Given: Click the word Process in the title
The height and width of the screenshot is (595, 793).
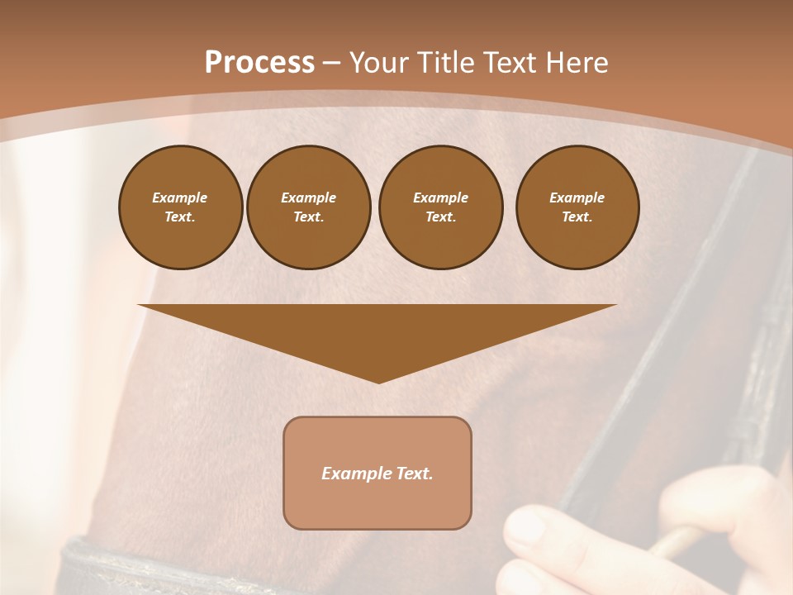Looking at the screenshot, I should [259, 63].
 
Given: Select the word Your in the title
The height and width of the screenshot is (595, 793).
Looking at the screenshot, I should [379, 63].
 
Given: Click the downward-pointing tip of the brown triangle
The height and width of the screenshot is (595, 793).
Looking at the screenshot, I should [378, 381].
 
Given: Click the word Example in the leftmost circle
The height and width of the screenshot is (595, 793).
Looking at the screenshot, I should [180, 198].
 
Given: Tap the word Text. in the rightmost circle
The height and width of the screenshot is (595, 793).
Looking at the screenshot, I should [577, 217].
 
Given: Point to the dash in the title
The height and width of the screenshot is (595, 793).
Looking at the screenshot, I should [332, 63].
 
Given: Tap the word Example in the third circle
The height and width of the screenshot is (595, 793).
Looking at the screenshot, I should [440, 198].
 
